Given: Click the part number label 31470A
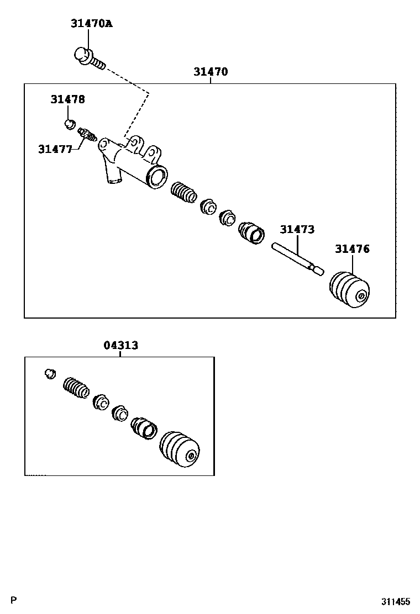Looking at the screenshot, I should pyautogui.click(x=91, y=24).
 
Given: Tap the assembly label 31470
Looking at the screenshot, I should pyautogui.click(x=210, y=72).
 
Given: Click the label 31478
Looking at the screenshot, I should pyautogui.click(x=67, y=99).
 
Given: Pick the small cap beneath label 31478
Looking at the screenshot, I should pyautogui.click(x=70, y=123).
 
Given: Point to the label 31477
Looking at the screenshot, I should pyautogui.click(x=55, y=149).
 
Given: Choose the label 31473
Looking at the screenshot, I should pyautogui.click(x=297, y=229).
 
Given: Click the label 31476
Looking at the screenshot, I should pyautogui.click(x=352, y=249).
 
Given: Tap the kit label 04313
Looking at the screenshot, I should pyautogui.click(x=120, y=346).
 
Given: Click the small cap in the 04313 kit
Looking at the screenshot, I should pyautogui.click(x=50, y=374).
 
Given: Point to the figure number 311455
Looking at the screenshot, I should pyautogui.click(x=395, y=602).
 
